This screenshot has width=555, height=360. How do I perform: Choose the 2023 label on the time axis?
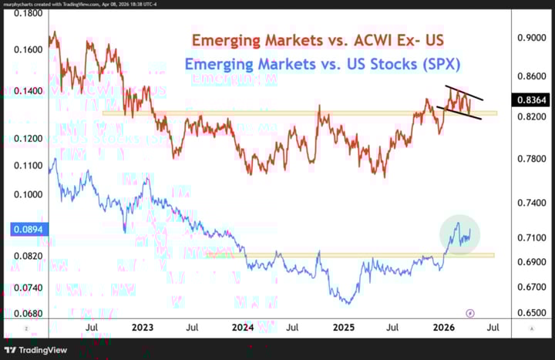pyautogui.click(x=143, y=328)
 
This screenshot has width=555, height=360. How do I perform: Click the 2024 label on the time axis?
pyautogui.click(x=244, y=328)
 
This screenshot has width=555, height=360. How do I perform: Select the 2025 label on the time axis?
pyautogui.click(x=344, y=328)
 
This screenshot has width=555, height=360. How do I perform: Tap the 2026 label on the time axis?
pyautogui.click(x=444, y=328)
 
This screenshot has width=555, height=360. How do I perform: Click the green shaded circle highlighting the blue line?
pyautogui.click(x=460, y=232)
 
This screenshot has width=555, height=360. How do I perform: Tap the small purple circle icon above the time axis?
pyautogui.click(x=471, y=313)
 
